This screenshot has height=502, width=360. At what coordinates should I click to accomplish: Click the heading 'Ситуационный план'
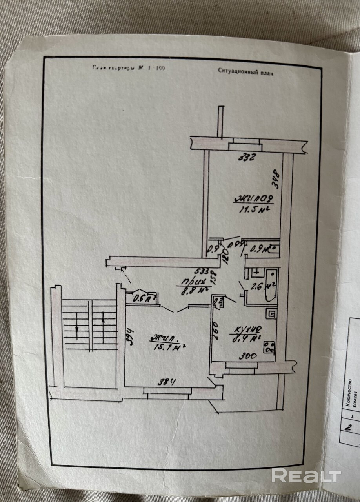(x=245, y=71)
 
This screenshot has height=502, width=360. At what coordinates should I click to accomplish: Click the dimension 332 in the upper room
(x=247, y=158)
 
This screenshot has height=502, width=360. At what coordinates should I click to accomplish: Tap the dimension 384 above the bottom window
(x=166, y=381)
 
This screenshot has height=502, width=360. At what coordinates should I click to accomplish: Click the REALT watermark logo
(x=306, y=476)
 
